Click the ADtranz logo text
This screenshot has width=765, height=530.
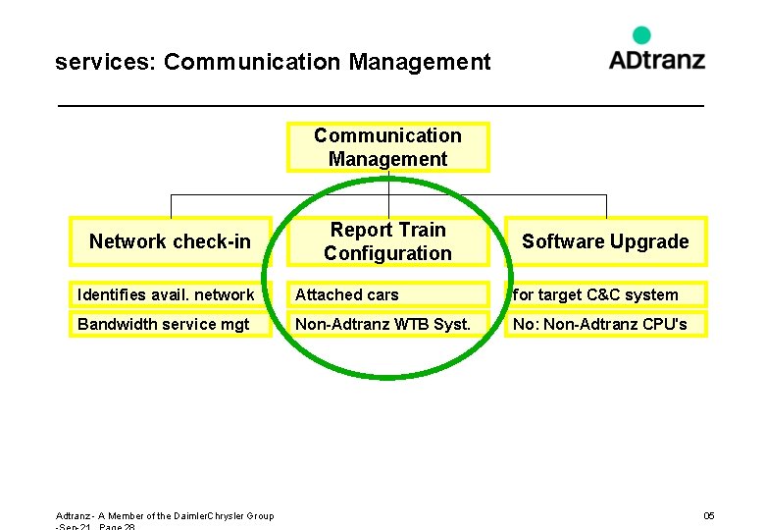pos(656,60)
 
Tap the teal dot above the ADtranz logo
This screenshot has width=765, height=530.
pos(641,35)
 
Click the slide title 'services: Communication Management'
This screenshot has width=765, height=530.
pos(273,63)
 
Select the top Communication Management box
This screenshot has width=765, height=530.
pos(387,147)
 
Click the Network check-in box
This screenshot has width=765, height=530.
pos(170,241)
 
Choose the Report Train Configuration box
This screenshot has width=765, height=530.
pos(387,241)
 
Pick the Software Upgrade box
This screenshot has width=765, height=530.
pos(605,241)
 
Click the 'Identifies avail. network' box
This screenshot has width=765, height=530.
pos(169,294)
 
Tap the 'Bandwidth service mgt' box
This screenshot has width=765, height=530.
pos(169,324)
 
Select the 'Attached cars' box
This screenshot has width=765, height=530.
pos(387,294)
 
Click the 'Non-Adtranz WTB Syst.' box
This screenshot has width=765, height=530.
pos(387,324)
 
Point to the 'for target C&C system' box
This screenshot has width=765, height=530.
pos(605,294)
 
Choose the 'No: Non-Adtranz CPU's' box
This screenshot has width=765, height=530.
pos(605,324)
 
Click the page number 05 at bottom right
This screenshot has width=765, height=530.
pos(709,516)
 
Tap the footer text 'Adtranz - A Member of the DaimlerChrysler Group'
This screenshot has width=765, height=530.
pos(165,516)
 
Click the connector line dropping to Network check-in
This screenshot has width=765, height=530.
pos(171,205)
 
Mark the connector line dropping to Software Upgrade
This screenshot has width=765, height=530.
pos(606,205)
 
